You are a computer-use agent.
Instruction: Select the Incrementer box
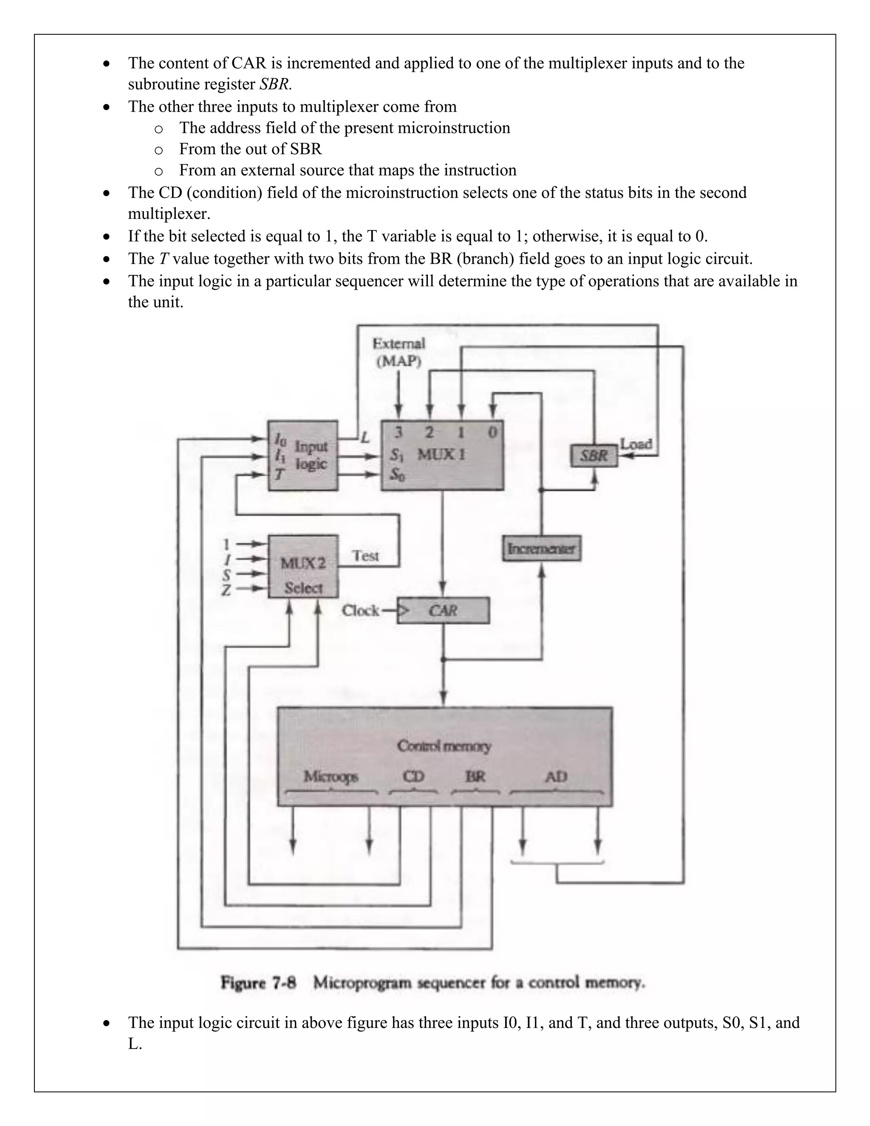pyautogui.click(x=541, y=548)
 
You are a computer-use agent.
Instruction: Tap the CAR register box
pyautogui.click(x=443, y=611)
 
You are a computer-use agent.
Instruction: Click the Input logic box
pyautogui.click(x=303, y=455)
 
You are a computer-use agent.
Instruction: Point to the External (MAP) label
pyautogui.click(x=399, y=352)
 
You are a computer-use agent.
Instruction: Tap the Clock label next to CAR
pyautogui.click(x=360, y=611)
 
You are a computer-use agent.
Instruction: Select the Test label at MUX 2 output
pyautogui.click(x=365, y=556)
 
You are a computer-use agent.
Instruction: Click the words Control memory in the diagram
pyautogui.click(x=444, y=746)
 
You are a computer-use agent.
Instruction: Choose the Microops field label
pyautogui.click(x=330, y=776)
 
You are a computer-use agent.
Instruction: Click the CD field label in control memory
pyautogui.click(x=413, y=776)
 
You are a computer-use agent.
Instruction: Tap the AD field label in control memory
pyautogui.click(x=556, y=776)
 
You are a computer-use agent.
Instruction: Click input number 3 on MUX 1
pyautogui.click(x=398, y=432)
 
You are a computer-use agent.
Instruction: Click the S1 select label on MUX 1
pyautogui.click(x=396, y=455)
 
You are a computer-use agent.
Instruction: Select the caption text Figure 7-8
pyautogui.click(x=258, y=983)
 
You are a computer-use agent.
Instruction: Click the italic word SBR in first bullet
pyautogui.click(x=275, y=84)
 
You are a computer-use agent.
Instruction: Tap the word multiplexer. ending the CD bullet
pyautogui.click(x=169, y=213)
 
